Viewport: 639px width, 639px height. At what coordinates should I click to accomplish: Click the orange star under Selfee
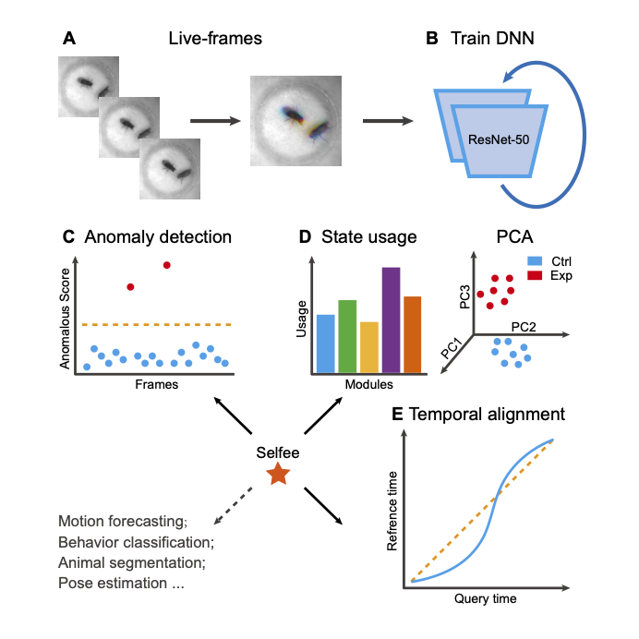277,475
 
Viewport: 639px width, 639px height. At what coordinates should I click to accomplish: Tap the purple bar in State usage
391,319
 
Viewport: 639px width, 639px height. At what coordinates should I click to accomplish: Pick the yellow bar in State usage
368,347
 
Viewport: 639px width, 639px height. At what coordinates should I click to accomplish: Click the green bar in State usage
347,336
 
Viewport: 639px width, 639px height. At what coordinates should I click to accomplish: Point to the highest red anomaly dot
166,265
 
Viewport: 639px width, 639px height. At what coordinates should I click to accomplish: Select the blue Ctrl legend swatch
533,261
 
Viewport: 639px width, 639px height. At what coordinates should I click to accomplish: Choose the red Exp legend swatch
533,275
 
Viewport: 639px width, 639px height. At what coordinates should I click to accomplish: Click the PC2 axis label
524,327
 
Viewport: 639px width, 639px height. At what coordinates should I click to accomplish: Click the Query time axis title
484,599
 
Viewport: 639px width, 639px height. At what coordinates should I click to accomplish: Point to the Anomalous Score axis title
66,311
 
